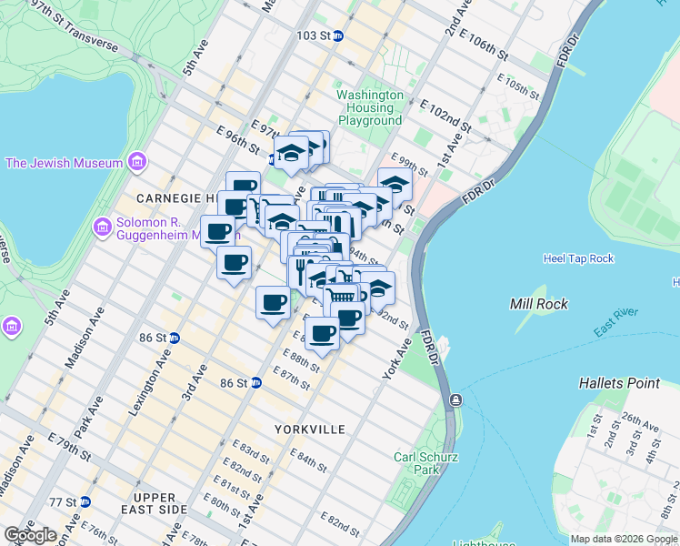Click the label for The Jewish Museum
[64, 164]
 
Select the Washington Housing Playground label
[370, 107]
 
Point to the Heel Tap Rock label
[579, 258]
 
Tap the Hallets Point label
[619, 383]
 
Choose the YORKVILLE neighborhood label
[311, 429]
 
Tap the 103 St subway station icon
[337, 35]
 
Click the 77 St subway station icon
[85, 501]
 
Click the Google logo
[30, 535]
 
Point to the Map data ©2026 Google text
[624, 539]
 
